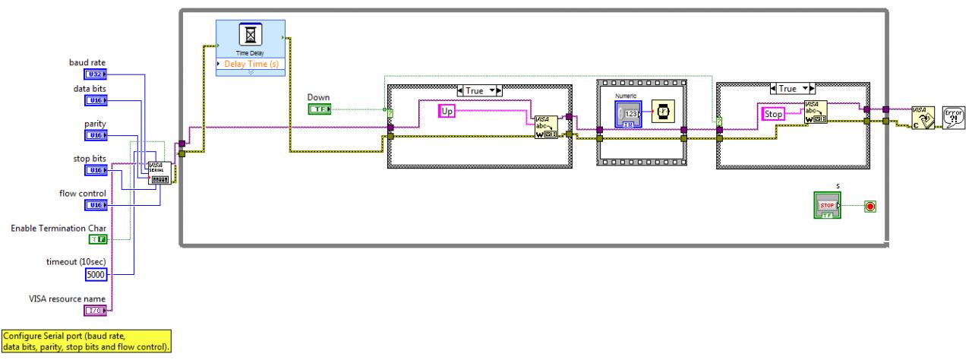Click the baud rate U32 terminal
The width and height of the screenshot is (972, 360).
click(96, 74)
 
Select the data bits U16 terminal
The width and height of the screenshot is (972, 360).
click(96, 99)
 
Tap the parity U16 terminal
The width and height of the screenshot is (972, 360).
click(96, 135)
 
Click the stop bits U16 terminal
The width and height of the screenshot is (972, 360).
click(96, 170)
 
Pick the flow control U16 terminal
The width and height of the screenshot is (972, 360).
click(96, 205)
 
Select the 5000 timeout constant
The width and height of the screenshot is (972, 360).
click(96, 274)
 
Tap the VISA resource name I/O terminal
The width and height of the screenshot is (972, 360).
click(96, 310)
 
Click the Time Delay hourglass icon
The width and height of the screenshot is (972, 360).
click(250, 35)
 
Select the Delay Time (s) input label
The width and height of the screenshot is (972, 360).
click(251, 64)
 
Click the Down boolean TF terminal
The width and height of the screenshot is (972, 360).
click(319, 109)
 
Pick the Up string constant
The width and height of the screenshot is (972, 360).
click(447, 112)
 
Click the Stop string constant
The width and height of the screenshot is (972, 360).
click(773, 114)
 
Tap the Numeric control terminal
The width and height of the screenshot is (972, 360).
click(628, 114)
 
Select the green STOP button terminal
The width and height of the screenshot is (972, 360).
click(827, 205)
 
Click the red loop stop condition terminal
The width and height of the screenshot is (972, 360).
click(870, 206)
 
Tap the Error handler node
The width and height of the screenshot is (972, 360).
click(953, 117)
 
